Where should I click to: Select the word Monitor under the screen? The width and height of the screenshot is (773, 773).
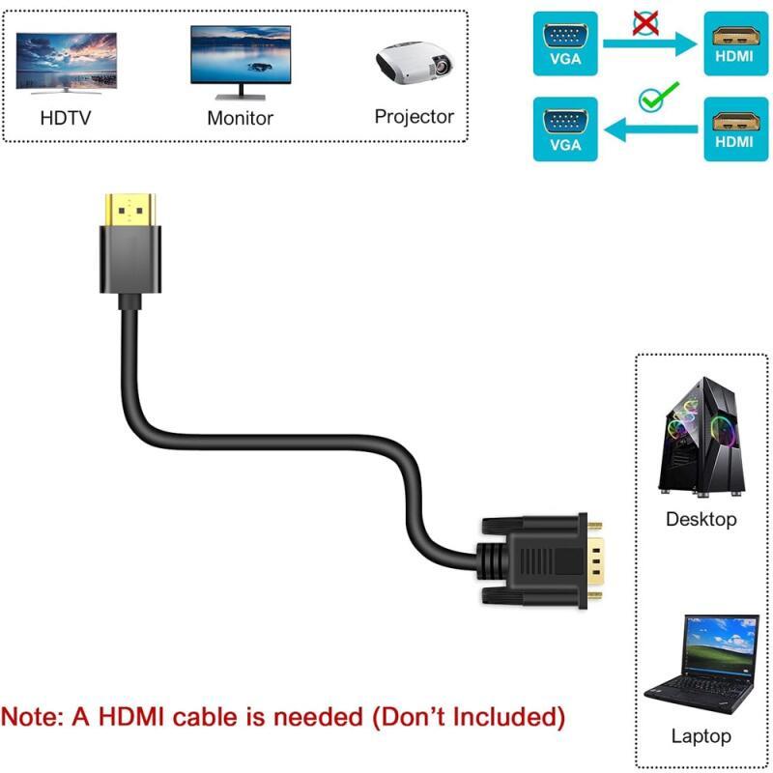241,119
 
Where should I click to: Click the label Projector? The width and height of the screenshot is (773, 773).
415,117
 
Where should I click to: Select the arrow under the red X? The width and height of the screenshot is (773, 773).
650,43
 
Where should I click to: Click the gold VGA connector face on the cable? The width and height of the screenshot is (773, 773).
598,560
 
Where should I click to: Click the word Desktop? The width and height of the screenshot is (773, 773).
701,520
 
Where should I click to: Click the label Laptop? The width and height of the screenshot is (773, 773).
701,736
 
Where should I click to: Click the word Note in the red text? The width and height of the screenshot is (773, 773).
36,717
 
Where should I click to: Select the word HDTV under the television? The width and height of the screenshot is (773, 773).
67,120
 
